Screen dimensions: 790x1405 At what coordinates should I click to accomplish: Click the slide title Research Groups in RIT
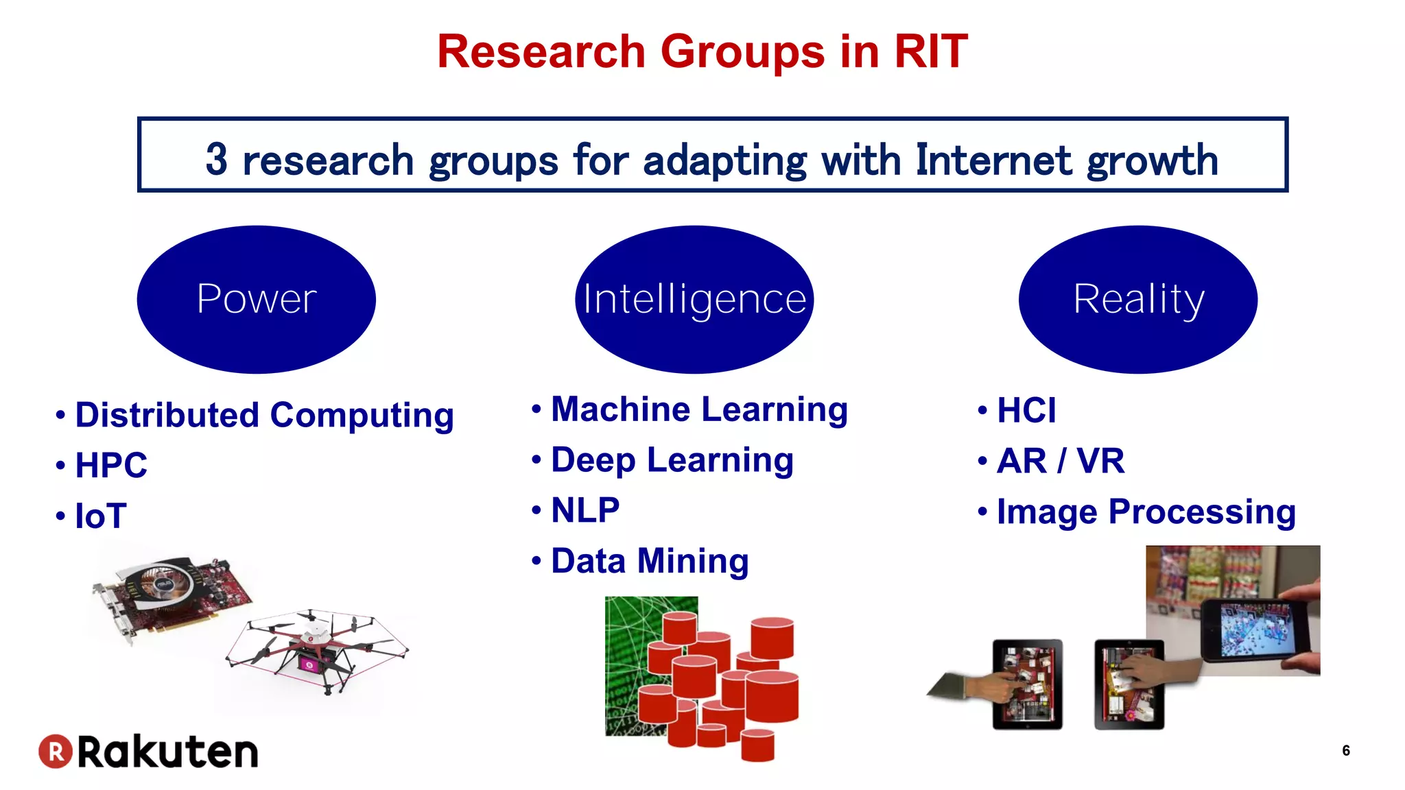tap(702, 52)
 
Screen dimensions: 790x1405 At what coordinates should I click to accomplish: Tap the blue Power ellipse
tap(256, 299)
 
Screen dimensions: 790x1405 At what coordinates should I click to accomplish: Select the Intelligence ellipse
tap(694, 299)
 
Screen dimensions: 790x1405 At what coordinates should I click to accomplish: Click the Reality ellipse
tap(1137, 299)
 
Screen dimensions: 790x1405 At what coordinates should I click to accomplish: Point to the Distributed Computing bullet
tap(264, 416)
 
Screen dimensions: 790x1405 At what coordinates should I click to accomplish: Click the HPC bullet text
tap(111, 466)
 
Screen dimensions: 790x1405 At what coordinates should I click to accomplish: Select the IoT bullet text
tap(101, 516)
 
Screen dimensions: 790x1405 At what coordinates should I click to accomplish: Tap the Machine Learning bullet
tap(699, 410)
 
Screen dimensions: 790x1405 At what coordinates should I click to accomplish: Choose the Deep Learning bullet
tap(672, 460)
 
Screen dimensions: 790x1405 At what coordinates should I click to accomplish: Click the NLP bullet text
tap(585, 511)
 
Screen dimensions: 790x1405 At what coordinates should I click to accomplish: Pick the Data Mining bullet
tap(649, 562)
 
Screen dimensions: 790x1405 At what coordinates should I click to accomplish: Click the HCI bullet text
tap(1026, 411)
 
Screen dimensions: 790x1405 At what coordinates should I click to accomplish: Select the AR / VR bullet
tap(1060, 461)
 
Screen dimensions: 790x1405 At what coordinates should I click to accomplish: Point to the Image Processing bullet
tap(1146, 512)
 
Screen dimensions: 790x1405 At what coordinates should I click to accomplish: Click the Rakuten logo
tap(148, 752)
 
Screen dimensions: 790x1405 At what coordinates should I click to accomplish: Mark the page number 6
tap(1345, 751)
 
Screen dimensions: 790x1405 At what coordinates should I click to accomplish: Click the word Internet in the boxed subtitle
tap(993, 160)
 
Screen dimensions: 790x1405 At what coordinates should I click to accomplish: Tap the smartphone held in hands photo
tap(1255, 627)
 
